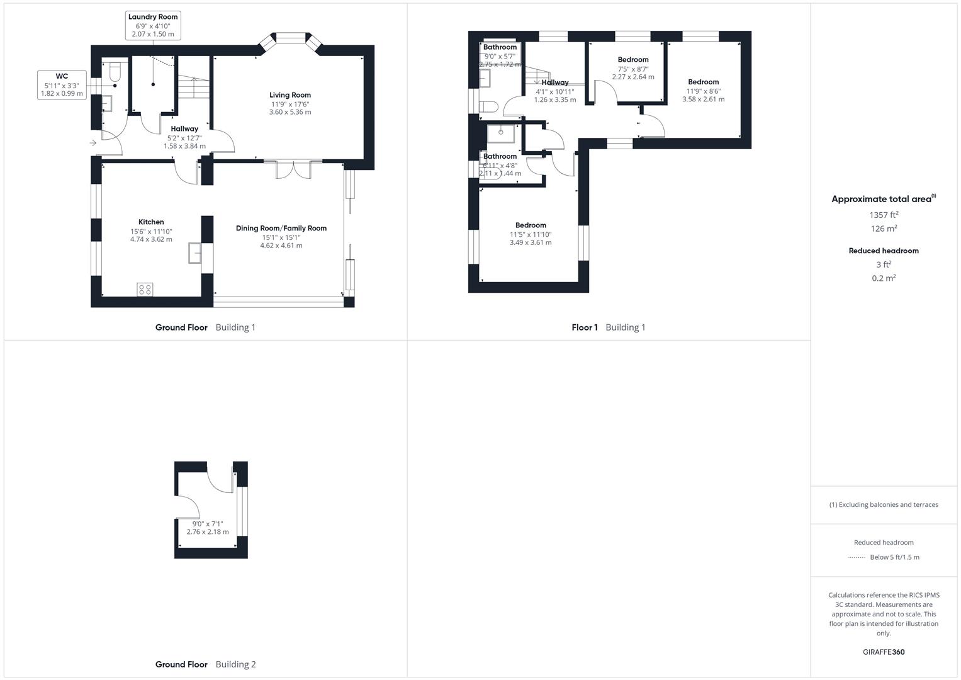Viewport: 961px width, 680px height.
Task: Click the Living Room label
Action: (291, 95)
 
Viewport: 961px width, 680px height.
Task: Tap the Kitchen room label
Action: (151, 222)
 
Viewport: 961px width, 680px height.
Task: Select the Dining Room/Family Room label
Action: (281, 229)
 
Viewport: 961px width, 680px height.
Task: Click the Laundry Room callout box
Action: (153, 25)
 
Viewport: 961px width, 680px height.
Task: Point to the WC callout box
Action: (62, 85)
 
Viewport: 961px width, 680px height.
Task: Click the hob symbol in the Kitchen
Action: (145, 289)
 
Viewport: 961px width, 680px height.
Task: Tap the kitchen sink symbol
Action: (194, 252)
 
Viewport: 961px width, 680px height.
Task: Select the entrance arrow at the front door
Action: (93, 143)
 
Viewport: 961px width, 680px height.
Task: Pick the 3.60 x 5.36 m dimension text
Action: (290, 112)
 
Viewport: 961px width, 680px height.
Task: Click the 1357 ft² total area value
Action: (884, 215)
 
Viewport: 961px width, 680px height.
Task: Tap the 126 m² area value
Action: (884, 229)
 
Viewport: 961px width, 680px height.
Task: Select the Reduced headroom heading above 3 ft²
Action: (884, 251)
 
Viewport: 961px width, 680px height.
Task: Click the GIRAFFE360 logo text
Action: (884, 652)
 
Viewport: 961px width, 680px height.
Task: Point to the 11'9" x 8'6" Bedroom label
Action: (703, 82)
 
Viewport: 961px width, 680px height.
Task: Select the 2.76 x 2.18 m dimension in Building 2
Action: (208, 532)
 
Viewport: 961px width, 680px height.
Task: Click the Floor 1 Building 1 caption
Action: (609, 327)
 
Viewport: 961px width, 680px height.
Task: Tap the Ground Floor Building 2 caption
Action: (206, 664)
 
